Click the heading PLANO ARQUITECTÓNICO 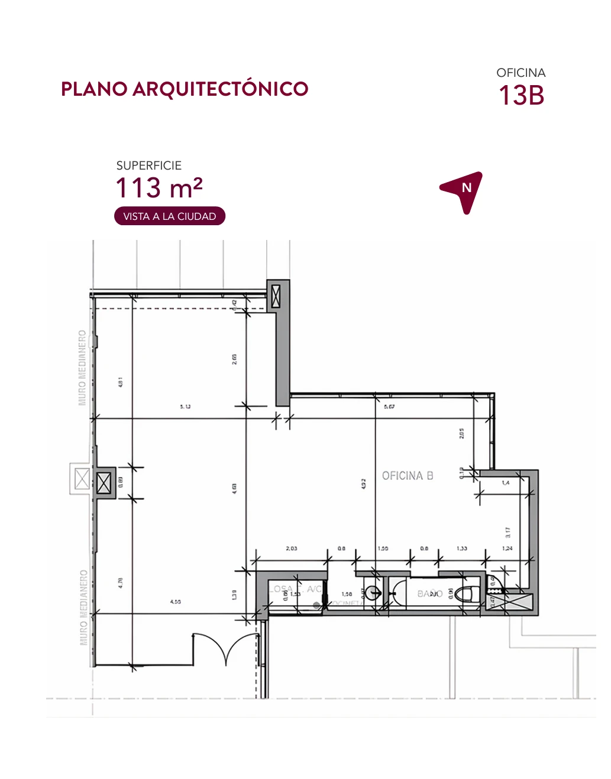(x=185, y=89)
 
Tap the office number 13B (x=521, y=96)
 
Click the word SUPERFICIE (x=149, y=165)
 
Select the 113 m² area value (x=159, y=188)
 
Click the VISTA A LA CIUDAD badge (x=170, y=216)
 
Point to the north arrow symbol (x=463, y=191)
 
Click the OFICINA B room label (x=408, y=476)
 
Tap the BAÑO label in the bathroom (x=430, y=593)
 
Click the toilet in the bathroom (x=470, y=593)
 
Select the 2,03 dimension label (x=292, y=548)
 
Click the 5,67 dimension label (x=389, y=407)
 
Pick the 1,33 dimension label (x=462, y=548)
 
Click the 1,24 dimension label (x=507, y=548)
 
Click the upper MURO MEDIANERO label (x=82, y=368)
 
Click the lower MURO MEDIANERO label (x=83, y=607)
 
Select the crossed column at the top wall (x=276, y=296)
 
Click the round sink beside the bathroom (x=373, y=592)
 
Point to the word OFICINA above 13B (x=521, y=73)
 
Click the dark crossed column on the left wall (x=104, y=483)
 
